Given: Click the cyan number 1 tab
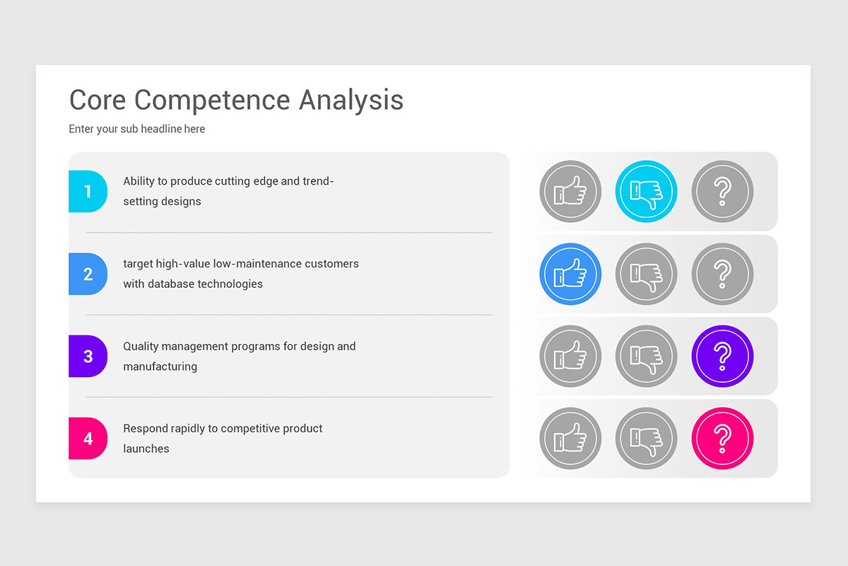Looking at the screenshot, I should (88, 191).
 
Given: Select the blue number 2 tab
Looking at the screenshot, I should (88, 274).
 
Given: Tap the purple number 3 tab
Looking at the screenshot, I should (88, 356).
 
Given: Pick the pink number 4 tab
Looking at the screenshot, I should (88, 439).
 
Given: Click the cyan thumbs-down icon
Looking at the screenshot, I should (646, 191).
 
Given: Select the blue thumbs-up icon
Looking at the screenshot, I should (570, 274).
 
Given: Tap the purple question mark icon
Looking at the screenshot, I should (722, 356).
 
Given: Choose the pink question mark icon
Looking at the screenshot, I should (722, 439).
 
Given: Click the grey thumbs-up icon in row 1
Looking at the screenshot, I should (570, 191).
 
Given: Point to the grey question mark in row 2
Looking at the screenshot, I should (722, 274).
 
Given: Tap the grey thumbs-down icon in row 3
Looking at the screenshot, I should (646, 356).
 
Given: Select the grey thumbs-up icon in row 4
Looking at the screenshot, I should (570, 439).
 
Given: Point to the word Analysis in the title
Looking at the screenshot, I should (351, 100).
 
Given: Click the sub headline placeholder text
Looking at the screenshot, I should (136, 129).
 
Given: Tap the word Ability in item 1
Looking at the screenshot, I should (139, 182).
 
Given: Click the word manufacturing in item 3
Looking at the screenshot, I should (160, 366).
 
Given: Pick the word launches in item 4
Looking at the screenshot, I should (146, 449).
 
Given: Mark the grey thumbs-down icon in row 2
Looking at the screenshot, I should (646, 274).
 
